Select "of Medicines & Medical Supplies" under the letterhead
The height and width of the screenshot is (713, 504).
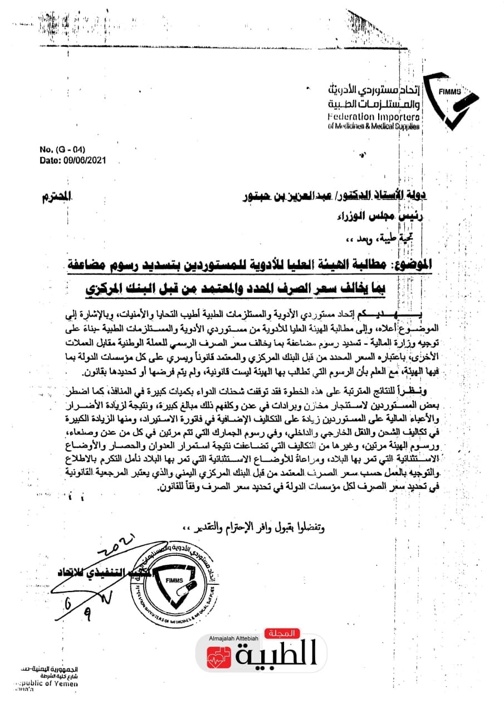(373, 126)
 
